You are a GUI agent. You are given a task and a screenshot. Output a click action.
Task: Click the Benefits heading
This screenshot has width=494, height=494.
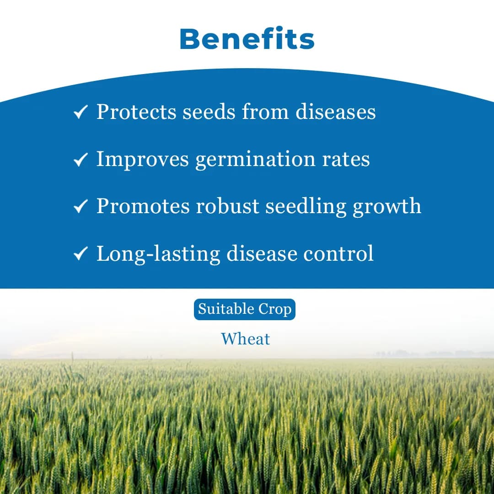pyautogui.click(x=247, y=39)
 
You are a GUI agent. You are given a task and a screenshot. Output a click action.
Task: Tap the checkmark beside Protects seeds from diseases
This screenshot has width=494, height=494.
pyautogui.click(x=81, y=112)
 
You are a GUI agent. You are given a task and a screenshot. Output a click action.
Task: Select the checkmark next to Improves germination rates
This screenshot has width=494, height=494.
pyautogui.click(x=81, y=159)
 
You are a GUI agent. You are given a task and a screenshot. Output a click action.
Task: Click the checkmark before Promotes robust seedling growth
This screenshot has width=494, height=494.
pyautogui.click(x=81, y=207)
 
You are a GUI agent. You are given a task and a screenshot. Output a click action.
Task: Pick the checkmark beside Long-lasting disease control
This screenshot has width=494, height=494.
pyautogui.click(x=81, y=254)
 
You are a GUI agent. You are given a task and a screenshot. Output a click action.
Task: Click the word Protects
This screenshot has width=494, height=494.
pyautogui.click(x=136, y=112)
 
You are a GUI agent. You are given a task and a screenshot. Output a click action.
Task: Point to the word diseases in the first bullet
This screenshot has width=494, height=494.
pyautogui.click(x=335, y=112)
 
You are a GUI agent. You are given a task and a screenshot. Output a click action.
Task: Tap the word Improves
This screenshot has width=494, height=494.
pyautogui.click(x=142, y=159)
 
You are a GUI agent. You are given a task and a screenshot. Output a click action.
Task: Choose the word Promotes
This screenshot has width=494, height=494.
pyautogui.click(x=142, y=207)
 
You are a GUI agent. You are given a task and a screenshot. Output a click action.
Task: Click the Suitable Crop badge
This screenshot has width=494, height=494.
pyautogui.click(x=245, y=310)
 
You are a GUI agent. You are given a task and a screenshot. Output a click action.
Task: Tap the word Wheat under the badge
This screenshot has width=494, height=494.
pyautogui.click(x=246, y=339)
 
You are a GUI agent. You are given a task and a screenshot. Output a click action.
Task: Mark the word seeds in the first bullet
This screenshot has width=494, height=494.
pyautogui.click(x=209, y=112)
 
